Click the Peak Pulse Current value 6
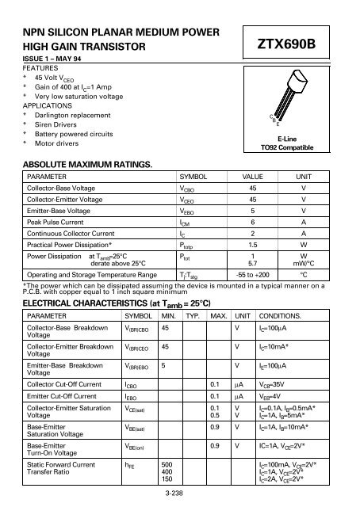(x=252, y=224)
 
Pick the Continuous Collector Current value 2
(x=252, y=235)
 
